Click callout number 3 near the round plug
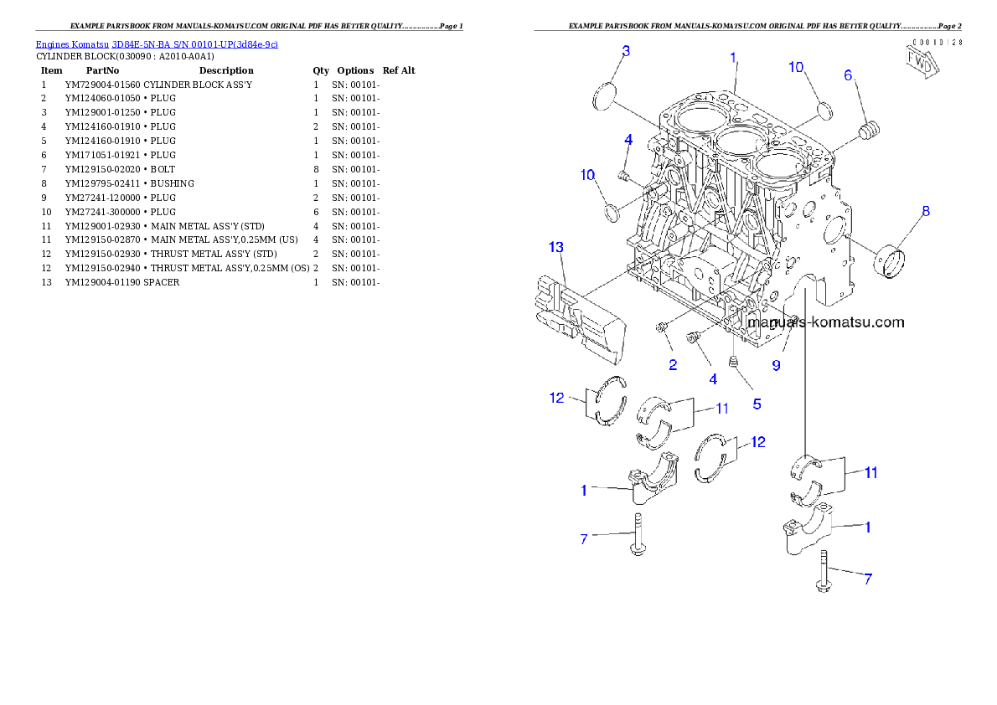click(x=625, y=51)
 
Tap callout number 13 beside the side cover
click(x=556, y=247)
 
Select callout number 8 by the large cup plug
click(x=926, y=211)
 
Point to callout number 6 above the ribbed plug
click(x=848, y=75)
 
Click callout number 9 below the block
click(x=776, y=366)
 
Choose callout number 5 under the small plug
click(x=757, y=404)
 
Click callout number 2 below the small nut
click(x=672, y=364)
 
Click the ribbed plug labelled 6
click(x=872, y=132)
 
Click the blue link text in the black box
click(x=157, y=44)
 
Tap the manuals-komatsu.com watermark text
click(x=825, y=322)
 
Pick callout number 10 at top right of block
click(x=796, y=66)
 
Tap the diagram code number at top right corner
click(x=937, y=41)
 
